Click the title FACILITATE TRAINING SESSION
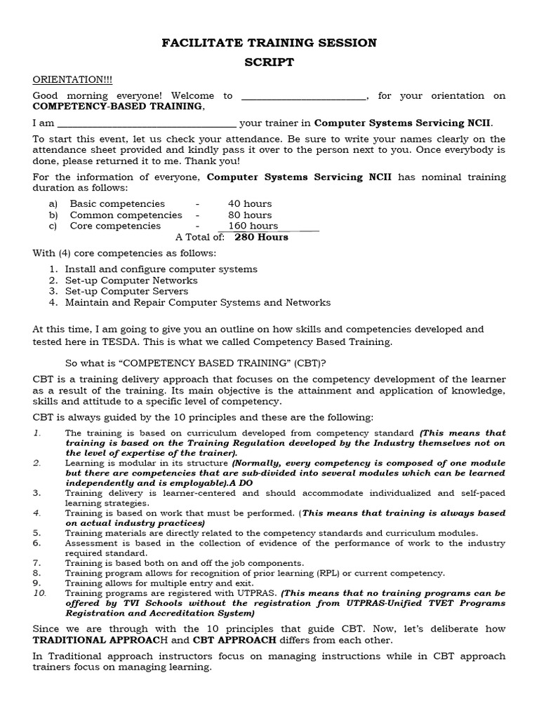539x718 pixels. click(x=269, y=43)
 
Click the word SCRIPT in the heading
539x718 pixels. click(x=269, y=62)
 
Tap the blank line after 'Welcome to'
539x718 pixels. click(x=302, y=95)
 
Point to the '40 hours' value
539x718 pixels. click(x=250, y=203)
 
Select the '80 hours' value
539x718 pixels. click(x=250, y=215)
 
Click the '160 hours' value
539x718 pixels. click(x=253, y=226)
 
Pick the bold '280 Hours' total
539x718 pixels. click(x=261, y=237)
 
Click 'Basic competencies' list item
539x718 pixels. click(x=117, y=203)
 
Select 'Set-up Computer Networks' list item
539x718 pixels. click(x=131, y=280)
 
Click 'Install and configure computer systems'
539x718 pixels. click(x=161, y=269)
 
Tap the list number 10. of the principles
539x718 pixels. click(x=39, y=592)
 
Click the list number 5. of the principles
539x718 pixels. click(x=37, y=533)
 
